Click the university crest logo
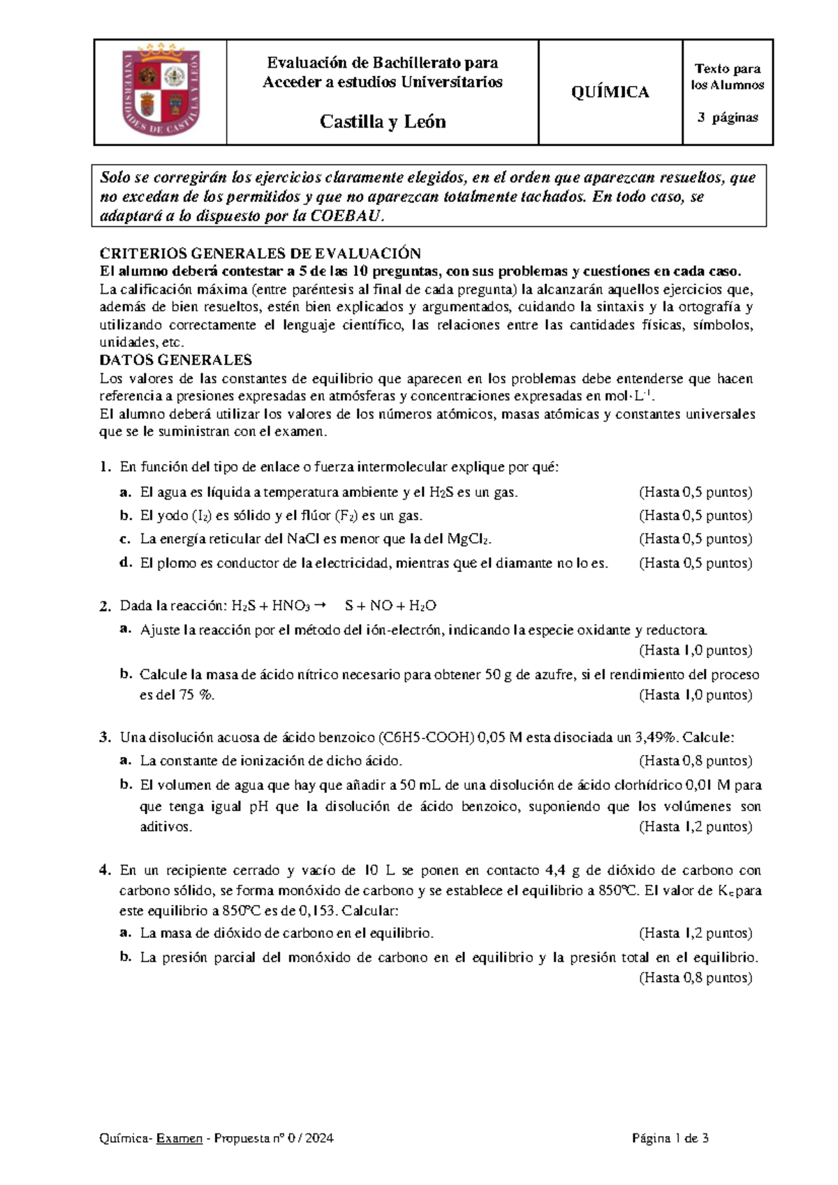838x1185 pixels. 161,91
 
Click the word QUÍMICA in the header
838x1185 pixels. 610,92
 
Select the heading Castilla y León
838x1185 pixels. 382,121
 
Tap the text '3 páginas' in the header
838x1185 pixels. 728,117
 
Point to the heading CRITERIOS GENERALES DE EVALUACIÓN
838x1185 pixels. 260,253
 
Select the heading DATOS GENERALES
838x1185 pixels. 175,360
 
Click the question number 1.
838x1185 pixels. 104,467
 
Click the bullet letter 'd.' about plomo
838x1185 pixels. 126,562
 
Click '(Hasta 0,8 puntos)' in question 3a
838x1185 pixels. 695,761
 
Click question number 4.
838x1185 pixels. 105,870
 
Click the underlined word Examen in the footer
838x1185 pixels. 179,1138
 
